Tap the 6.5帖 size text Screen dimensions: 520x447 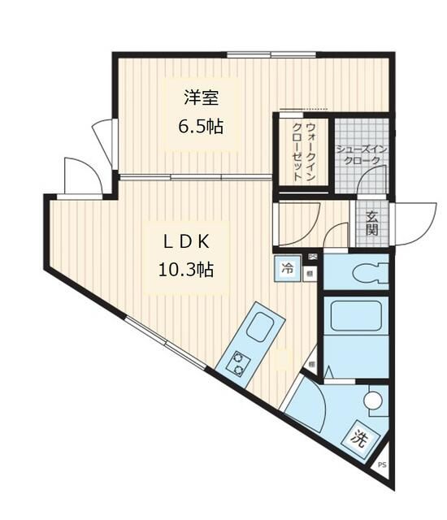coord(201,127)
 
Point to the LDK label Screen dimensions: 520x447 coord(185,242)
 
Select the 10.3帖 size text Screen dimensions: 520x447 coord(185,269)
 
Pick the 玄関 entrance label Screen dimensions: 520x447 coord(371,223)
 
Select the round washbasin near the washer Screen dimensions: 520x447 coord(373,401)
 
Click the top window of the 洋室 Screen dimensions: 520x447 coord(249,55)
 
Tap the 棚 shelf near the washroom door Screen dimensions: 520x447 coord(312,363)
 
